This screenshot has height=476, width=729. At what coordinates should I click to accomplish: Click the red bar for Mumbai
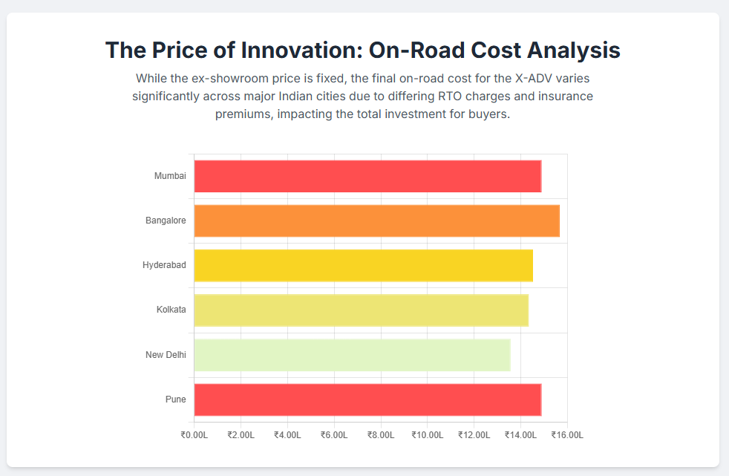[367, 176]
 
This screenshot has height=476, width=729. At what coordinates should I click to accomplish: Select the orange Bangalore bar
[376, 221]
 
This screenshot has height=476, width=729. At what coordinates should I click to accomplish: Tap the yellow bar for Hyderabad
[363, 265]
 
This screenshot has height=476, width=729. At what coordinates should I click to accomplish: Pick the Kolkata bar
[361, 310]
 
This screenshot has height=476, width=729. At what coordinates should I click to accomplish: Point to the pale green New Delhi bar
[352, 355]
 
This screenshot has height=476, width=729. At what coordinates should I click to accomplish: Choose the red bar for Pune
[367, 400]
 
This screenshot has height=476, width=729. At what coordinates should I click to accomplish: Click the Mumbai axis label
[170, 176]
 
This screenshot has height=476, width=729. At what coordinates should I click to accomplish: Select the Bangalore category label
[166, 221]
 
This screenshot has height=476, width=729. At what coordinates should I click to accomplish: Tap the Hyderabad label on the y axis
[164, 265]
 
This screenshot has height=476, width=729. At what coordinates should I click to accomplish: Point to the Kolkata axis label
[171, 310]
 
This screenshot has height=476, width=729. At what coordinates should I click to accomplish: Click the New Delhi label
[166, 355]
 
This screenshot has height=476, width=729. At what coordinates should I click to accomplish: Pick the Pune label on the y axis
[176, 400]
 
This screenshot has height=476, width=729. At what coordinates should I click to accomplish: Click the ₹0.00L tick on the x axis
[194, 434]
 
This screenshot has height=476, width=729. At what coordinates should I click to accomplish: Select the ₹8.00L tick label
[381, 434]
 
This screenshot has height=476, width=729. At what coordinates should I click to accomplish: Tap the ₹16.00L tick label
[567, 434]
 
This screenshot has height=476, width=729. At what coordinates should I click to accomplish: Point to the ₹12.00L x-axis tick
[474, 434]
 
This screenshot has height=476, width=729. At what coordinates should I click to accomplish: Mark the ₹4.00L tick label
[287, 434]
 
